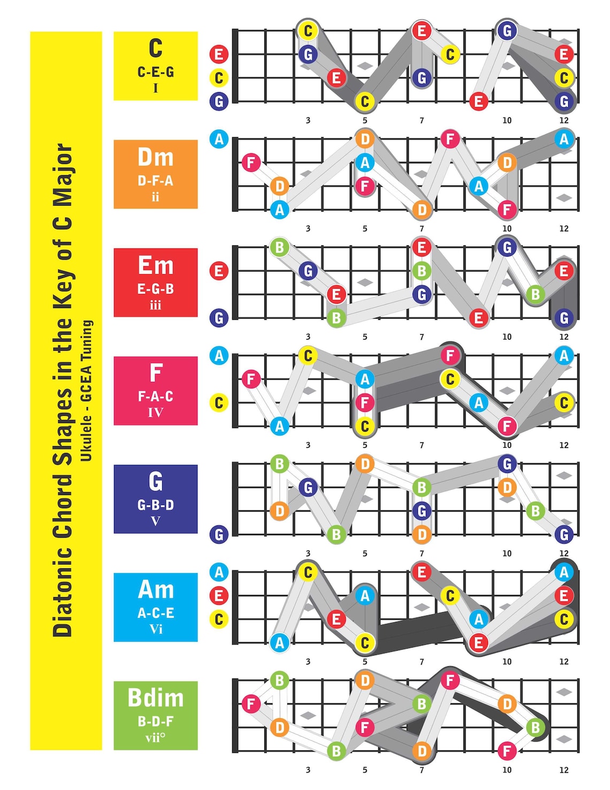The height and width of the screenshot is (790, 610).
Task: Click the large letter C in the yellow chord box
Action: [x=156, y=48]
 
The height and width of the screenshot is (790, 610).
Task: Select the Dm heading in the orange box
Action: [x=156, y=157]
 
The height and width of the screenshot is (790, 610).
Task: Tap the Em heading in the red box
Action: [x=156, y=266]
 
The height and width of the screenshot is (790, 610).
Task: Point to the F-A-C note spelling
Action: [x=156, y=396]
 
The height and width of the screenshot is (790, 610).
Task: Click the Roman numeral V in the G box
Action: [x=156, y=521]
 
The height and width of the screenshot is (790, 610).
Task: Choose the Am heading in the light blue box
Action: [x=156, y=590]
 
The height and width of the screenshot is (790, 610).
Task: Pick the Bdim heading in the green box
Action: [x=156, y=698]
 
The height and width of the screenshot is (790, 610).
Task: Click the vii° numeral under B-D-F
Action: [x=156, y=738]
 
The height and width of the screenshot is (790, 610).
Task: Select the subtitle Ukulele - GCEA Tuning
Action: [x=87, y=390]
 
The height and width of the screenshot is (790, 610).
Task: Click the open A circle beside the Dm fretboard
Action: [x=219, y=139]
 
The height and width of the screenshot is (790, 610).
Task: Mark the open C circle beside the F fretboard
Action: [x=219, y=402]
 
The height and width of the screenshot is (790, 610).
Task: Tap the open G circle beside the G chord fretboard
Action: [x=219, y=534]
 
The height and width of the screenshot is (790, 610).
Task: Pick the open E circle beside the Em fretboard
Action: [x=219, y=270]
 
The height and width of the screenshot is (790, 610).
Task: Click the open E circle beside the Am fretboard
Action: [x=219, y=596]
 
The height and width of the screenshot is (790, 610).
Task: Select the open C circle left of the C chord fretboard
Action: [x=219, y=78]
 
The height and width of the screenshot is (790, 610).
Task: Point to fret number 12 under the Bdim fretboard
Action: [x=564, y=770]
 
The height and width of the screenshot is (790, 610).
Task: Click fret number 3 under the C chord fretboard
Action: [x=308, y=121]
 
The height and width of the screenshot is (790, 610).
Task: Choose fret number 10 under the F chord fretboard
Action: [x=507, y=445]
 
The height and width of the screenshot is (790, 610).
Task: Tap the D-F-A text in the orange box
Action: [x=156, y=181]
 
